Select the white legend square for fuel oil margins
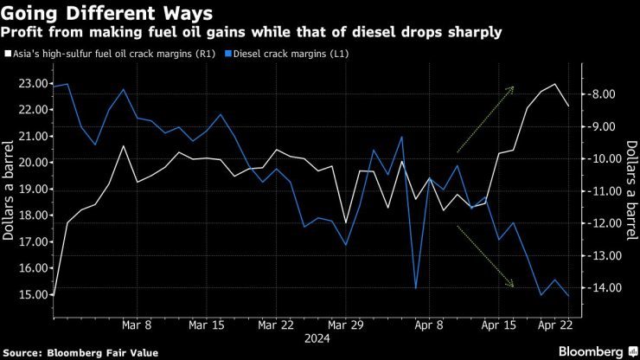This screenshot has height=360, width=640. pyautogui.click(x=8, y=55)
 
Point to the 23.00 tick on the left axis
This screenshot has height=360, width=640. pyautogui.click(x=29, y=84)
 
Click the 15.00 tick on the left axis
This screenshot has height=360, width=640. pyautogui.click(x=29, y=294)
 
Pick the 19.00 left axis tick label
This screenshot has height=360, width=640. pyautogui.click(x=29, y=189)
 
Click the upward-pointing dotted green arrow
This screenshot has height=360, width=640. pyautogui.click(x=485, y=119)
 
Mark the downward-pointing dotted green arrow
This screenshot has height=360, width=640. pyautogui.click(x=485, y=257)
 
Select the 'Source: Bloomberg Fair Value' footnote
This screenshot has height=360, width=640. pyautogui.click(x=74, y=351)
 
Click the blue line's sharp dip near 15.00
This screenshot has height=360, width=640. pyautogui.click(x=416, y=287)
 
